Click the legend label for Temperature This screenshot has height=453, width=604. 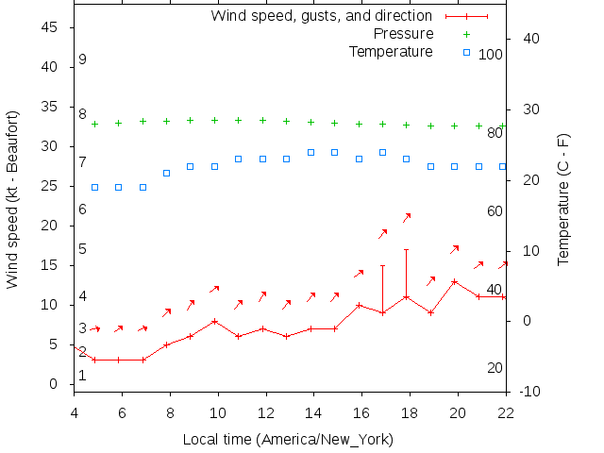(x=391, y=51)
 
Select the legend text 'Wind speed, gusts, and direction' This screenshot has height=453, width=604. (x=321, y=15)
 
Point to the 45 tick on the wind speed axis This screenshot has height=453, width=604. (x=51, y=27)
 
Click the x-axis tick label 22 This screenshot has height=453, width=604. (x=506, y=412)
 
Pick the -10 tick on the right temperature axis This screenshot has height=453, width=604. (x=529, y=391)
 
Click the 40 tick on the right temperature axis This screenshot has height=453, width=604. (x=529, y=39)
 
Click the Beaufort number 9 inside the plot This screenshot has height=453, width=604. (x=83, y=59)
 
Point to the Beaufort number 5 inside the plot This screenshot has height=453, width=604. (x=83, y=249)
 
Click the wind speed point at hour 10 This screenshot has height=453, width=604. (x=215, y=321)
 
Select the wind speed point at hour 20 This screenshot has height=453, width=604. (x=455, y=281)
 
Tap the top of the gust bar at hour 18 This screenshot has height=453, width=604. (x=407, y=250)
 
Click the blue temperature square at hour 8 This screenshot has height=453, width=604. (x=167, y=173)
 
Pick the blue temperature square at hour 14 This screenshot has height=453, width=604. (x=310, y=152)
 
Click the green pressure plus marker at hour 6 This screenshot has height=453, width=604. (x=119, y=123)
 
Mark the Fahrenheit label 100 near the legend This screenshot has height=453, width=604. (x=491, y=55)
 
